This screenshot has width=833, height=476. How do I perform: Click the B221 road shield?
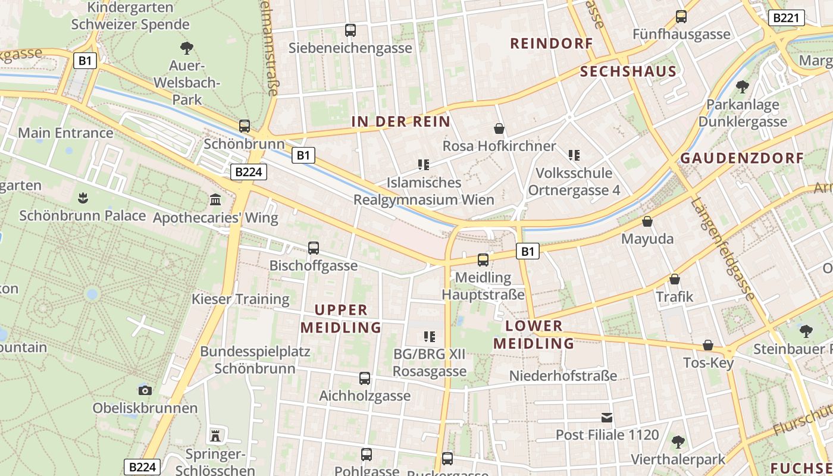click(786, 18)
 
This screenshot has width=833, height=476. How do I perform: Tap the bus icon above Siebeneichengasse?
click(350, 30)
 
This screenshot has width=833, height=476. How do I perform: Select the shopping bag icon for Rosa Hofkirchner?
click(499, 128)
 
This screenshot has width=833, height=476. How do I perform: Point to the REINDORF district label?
click(552, 43)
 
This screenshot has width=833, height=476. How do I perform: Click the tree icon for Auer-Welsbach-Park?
click(187, 48)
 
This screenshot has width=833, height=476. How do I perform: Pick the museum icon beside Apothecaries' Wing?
click(215, 199)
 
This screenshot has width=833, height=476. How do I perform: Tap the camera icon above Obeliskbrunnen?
click(145, 390)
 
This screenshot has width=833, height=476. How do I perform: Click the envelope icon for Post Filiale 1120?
click(607, 417)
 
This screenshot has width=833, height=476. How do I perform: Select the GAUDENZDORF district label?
click(742, 158)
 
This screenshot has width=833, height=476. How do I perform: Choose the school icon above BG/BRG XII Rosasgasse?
click(430, 336)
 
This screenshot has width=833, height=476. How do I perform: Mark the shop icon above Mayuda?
click(647, 221)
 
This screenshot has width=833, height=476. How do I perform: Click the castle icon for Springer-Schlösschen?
click(215, 436)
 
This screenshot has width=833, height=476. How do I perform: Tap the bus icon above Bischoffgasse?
click(314, 248)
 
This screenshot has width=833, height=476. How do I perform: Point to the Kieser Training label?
click(240, 299)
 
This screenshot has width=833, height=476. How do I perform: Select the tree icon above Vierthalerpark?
click(678, 441)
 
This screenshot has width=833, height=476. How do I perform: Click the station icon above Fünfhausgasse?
click(681, 17)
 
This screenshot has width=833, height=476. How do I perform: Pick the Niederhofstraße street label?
click(563, 375)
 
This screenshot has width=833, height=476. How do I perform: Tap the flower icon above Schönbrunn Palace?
click(83, 198)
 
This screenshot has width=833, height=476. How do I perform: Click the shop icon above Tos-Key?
click(708, 345)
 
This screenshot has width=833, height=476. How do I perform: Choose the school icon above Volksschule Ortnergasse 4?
click(574, 155)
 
